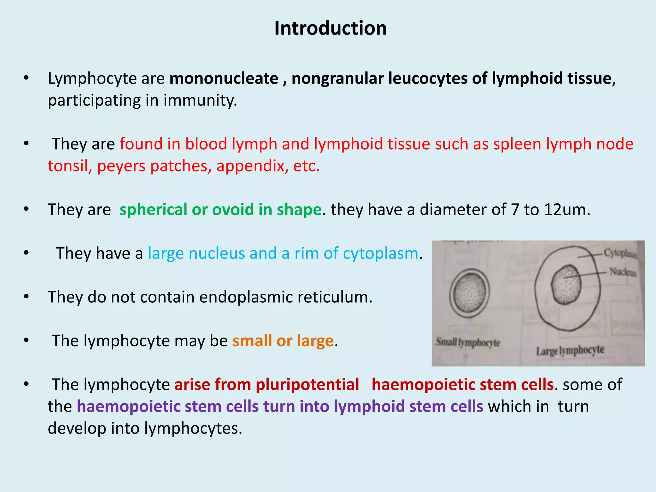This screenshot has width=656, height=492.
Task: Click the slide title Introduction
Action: (330, 28)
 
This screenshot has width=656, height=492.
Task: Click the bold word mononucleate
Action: (224, 78)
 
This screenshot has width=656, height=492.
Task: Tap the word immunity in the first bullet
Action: (200, 100)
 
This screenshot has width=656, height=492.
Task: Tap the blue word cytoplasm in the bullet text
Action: (381, 253)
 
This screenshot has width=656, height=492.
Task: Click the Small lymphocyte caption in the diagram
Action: (468, 342)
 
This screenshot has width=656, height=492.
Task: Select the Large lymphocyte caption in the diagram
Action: (570, 350)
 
